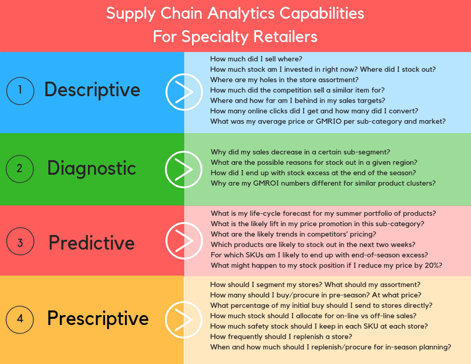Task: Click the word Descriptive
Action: pyautogui.click(x=92, y=90)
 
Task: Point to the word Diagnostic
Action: pyautogui.click(x=92, y=168)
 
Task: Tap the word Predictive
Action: pyautogui.click(x=92, y=242)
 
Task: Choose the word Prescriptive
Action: pyautogui.click(x=98, y=319)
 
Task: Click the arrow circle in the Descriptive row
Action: pyautogui.click(x=184, y=74)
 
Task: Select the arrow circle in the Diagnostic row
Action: pyautogui.click(x=184, y=151)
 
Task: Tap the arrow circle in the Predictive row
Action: pyautogui.click(x=184, y=223)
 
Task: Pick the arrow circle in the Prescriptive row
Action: pyautogui.click(x=184, y=301)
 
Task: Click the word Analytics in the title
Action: pyautogui.click(x=241, y=14)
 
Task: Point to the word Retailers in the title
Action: pyautogui.click(x=285, y=36)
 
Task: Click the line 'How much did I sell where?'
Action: pyautogui.click(x=256, y=59)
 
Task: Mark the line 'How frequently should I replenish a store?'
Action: pyautogui.click(x=281, y=336)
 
